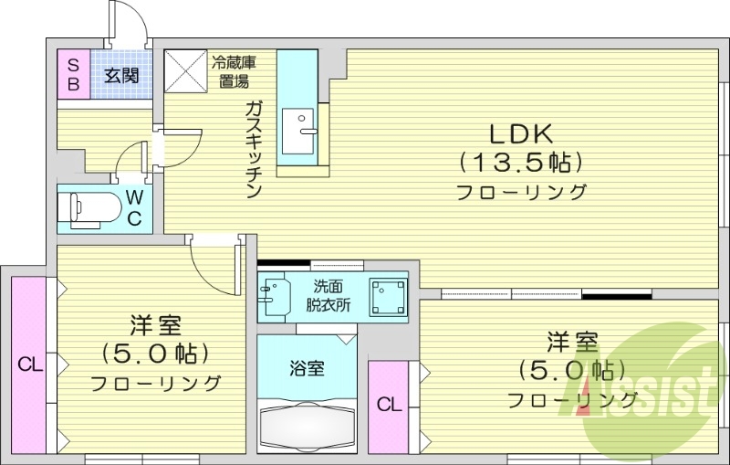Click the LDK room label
521,134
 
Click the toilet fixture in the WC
87,207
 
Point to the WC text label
133,207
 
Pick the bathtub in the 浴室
306,424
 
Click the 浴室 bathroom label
306,368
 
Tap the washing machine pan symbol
387,295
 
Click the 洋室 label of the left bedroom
154,325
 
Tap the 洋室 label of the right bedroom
572,343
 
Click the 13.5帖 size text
521,163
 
